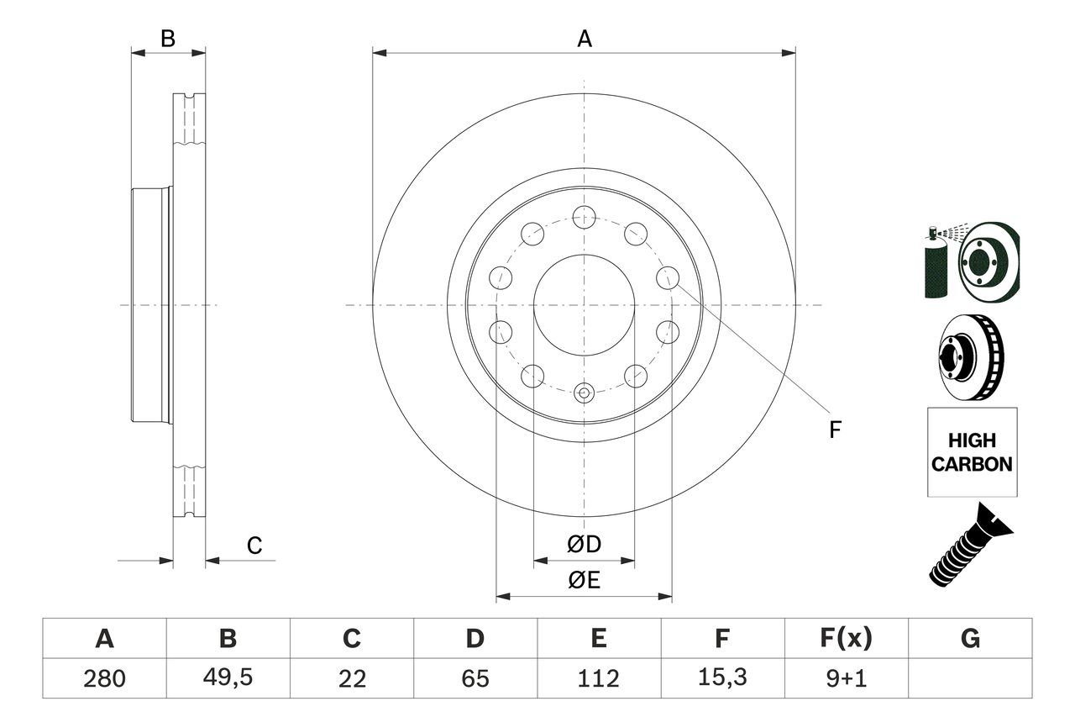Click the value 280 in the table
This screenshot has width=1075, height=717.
(104, 678)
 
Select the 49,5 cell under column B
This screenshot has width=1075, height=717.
(228, 678)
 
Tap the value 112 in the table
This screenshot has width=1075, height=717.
(598, 678)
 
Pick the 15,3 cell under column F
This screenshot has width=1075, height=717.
(721, 678)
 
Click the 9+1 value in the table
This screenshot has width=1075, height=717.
(845, 678)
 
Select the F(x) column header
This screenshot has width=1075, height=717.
(845, 639)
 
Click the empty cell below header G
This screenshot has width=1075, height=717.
(970, 678)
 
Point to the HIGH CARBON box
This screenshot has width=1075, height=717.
(972, 452)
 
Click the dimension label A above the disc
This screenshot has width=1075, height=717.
(585, 39)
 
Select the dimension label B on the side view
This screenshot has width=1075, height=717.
(168, 39)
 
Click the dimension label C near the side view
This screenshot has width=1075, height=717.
(254, 546)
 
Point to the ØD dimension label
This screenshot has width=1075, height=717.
(584, 545)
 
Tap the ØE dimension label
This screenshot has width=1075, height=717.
(584, 581)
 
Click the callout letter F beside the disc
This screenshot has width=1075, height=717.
(834, 430)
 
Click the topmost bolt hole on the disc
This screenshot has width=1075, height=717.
(584, 217)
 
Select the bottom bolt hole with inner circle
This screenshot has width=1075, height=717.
(585, 392)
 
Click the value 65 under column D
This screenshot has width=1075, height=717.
(475, 678)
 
